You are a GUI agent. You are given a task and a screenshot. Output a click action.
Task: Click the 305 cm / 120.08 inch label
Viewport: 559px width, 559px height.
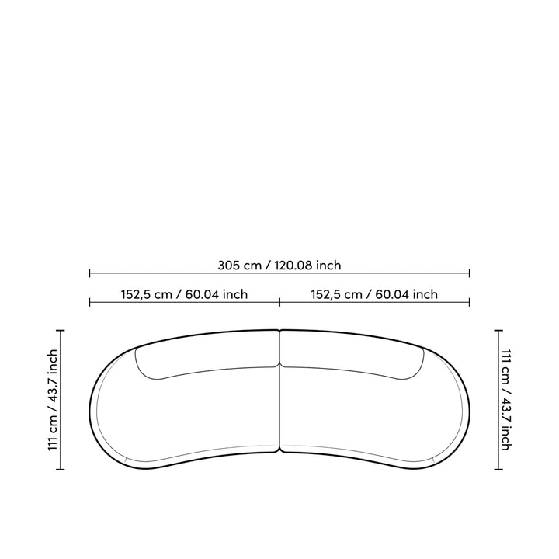(x=279, y=266)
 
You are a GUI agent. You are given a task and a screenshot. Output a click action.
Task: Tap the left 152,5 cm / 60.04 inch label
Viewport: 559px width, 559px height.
(x=184, y=294)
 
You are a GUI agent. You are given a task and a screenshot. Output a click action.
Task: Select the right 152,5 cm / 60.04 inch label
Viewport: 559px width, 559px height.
(x=374, y=294)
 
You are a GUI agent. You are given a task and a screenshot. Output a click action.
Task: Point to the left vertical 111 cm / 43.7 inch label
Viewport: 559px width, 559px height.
(x=53, y=400)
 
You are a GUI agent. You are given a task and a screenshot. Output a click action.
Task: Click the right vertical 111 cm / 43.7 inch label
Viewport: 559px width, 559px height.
(x=506, y=400)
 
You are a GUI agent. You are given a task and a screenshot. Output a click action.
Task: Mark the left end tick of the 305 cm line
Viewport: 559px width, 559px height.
(x=89, y=273)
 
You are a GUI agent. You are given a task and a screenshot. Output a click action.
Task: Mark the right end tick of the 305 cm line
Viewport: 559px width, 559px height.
(x=470, y=273)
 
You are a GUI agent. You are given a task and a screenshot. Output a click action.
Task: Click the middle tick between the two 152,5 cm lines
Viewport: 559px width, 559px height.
(x=279, y=303)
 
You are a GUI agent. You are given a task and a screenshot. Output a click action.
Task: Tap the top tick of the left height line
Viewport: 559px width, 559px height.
(x=61, y=331)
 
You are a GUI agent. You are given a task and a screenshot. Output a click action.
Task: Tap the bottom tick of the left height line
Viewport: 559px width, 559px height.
(x=61, y=470)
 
